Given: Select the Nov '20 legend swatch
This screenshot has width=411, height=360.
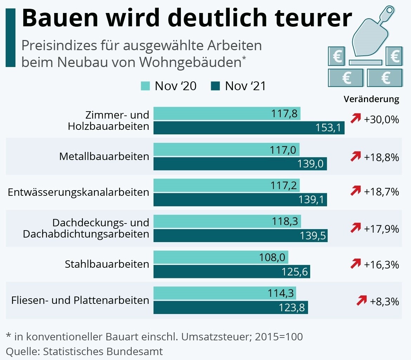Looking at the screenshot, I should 145,86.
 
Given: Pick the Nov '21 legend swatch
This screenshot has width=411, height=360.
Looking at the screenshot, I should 215,86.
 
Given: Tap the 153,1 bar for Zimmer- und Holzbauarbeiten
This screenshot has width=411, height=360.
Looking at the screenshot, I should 249,128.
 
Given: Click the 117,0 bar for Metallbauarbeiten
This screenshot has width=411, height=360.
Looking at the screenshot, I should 227,149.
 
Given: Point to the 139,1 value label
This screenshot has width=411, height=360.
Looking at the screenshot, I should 311,200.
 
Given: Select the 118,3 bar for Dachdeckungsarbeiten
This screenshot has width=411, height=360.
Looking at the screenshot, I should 227,221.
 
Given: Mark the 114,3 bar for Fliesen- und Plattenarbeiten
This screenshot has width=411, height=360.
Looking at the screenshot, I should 225,293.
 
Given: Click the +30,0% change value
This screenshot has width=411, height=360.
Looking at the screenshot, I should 381,120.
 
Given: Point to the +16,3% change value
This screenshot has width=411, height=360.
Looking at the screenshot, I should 381,265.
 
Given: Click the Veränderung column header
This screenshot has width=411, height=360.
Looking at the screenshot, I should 371,99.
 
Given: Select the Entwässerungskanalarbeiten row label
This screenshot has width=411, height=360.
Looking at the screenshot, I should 78,192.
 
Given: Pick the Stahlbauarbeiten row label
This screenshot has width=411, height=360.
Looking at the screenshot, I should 107,264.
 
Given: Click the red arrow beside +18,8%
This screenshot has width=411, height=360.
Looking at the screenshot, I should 356,156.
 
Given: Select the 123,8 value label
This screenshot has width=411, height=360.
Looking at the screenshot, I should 292,308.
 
